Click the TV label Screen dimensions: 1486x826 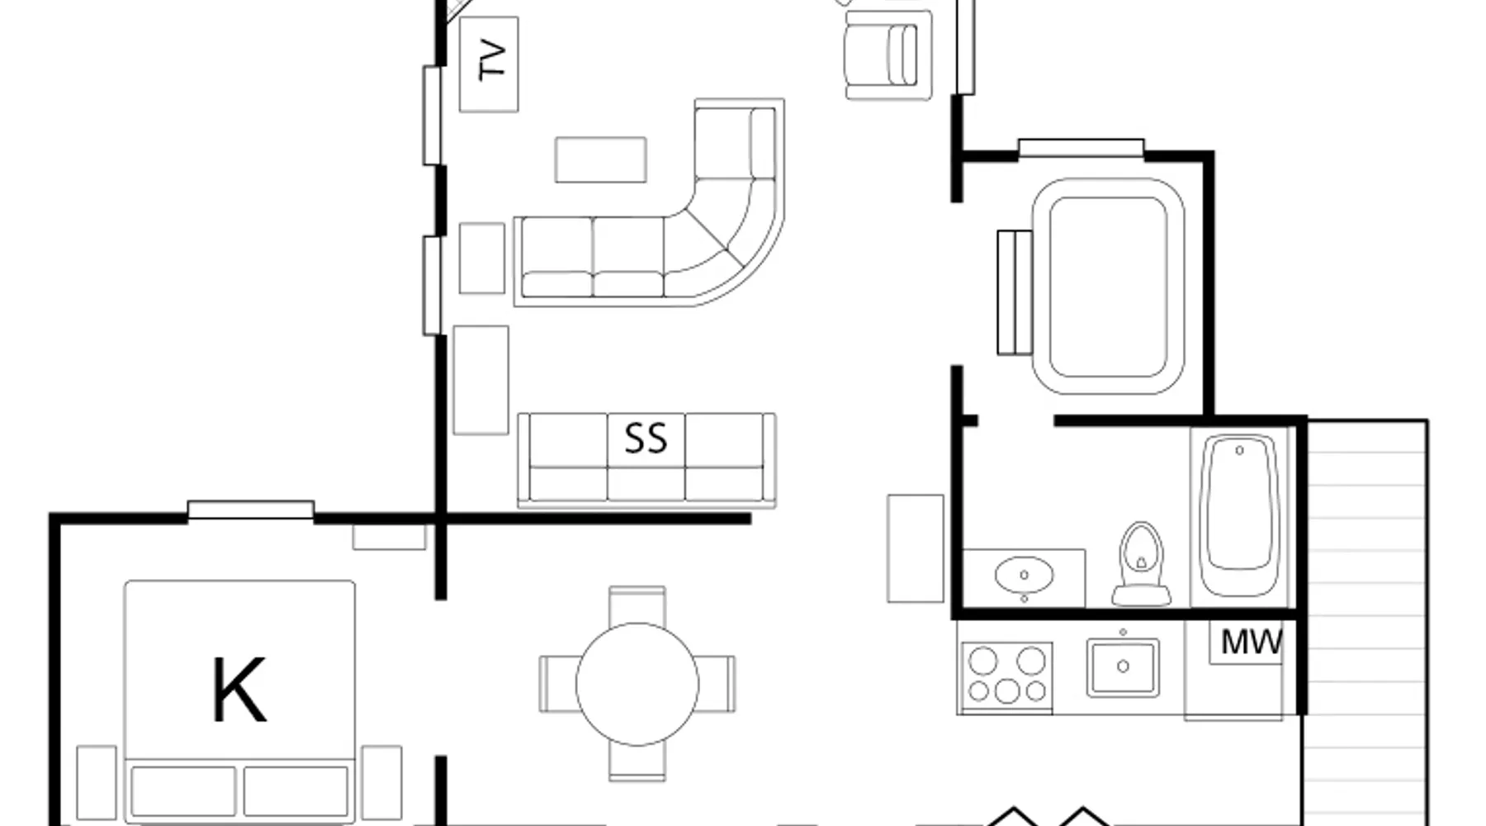pos(492,59)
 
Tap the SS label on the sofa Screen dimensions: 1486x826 pos(646,439)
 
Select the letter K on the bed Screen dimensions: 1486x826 pos(239,690)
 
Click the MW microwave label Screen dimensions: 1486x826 pos(1252,642)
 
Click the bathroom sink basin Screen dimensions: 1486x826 pos(1024,575)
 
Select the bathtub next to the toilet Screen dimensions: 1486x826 pos(1239,516)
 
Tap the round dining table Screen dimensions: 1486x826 pos(637,684)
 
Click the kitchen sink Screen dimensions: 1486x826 pos(1123,667)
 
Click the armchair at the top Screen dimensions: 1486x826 pos(888,55)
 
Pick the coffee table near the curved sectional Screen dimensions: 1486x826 pos(601,159)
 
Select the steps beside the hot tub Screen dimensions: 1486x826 pos(1015,292)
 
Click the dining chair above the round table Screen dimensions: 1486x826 pos(637,605)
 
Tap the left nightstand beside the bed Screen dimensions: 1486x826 pos(97,783)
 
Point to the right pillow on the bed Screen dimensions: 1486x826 pos(296,791)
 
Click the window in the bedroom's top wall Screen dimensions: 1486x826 pos(251,510)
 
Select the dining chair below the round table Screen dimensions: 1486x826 pos(637,762)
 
